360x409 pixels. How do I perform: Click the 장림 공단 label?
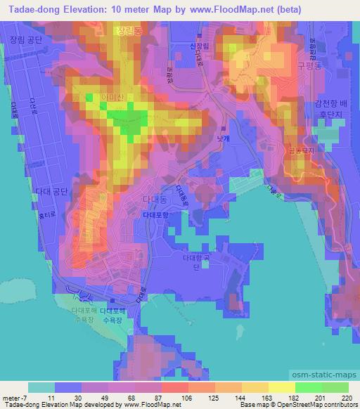coord(27,41)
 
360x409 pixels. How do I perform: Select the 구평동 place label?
coord(309,65)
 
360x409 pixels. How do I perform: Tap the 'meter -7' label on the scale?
coord(15,397)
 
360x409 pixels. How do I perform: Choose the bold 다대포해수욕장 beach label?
coord(111,309)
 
